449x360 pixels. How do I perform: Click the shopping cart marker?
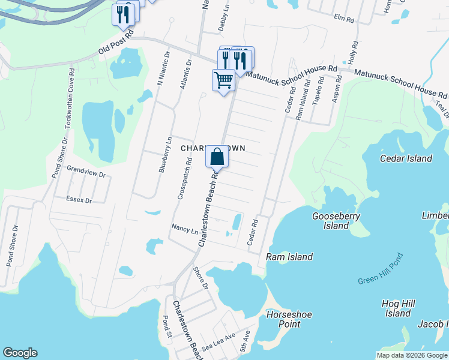click(x=223, y=79)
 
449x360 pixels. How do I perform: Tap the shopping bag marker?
click(x=217, y=157)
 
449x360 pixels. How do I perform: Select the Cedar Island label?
click(x=406, y=158)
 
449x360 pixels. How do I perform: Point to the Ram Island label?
click(x=289, y=257)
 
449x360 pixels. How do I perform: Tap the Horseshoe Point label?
click(x=284, y=319)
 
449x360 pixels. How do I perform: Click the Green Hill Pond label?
click(x=381, y=269)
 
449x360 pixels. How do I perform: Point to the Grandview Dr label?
click(x=86, y=172)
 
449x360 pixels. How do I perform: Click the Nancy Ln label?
click(x=184, y=229)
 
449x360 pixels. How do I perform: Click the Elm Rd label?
click(x=345, y=20)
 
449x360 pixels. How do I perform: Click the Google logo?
click(x=20, y=353)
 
